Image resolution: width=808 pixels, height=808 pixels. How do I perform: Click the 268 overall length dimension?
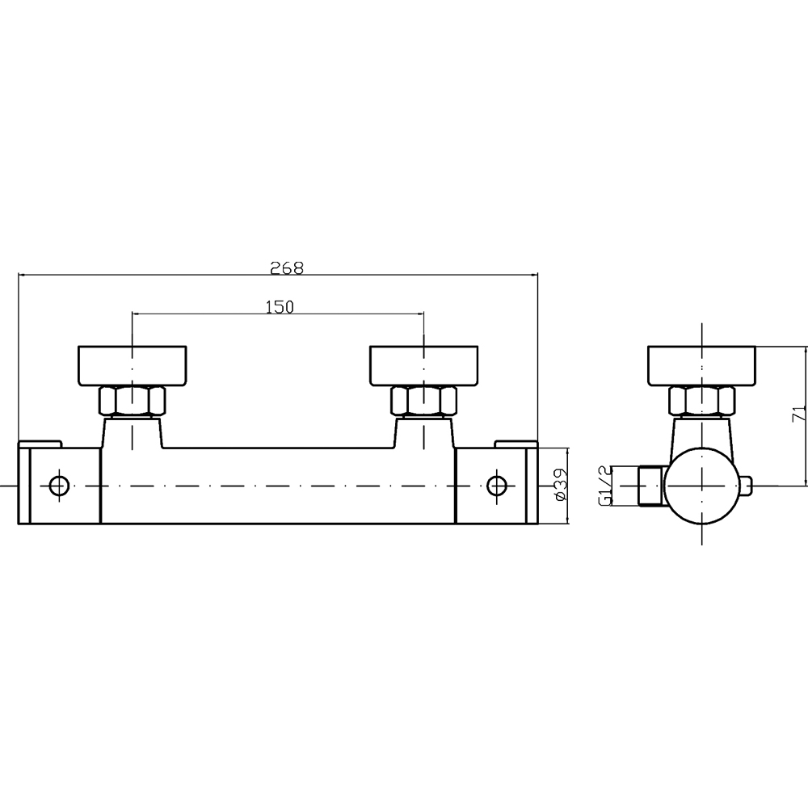(287, 267)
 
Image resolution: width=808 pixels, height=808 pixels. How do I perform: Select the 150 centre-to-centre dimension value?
(280, 307)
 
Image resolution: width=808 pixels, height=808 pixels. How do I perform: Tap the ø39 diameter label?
(561, 485)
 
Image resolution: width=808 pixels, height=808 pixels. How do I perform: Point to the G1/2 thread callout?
(604, 485)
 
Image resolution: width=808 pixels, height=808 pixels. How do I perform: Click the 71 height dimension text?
(799, 414)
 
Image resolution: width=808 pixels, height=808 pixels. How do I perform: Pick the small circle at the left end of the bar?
(59, 486)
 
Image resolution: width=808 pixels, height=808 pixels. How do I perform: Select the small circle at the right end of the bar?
(497, 486)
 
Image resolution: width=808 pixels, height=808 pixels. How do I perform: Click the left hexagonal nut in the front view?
(133, 402)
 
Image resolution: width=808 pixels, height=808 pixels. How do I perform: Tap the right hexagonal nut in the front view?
(423, 402)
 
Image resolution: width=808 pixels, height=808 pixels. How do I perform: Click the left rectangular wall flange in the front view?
(133, 366)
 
